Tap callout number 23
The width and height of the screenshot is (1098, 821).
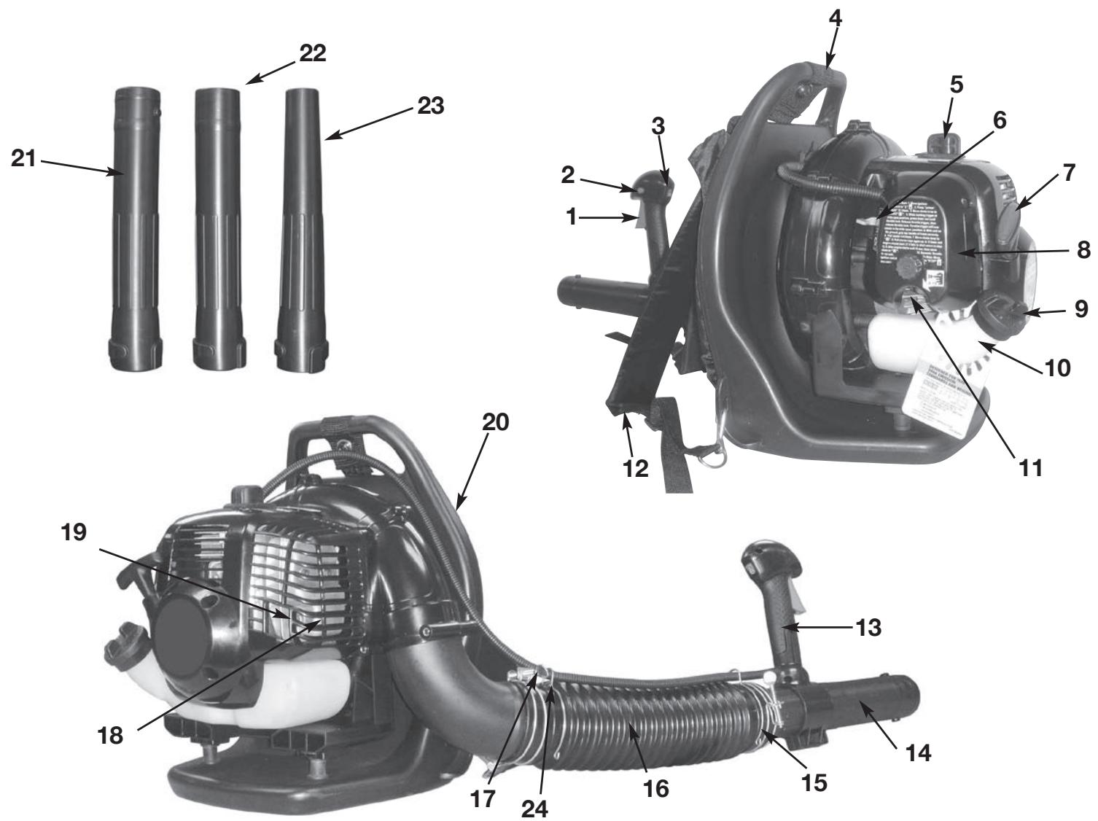click(x=429, y=105)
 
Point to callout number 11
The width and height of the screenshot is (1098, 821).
click(x=1029, y=467)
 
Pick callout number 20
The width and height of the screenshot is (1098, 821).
click(x=497, y=423)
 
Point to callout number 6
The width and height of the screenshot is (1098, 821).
click(x=999, y=121)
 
